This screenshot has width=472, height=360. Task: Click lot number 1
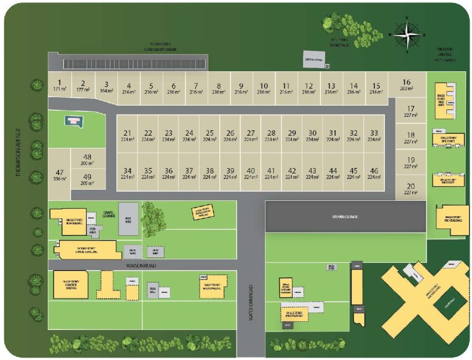click(60, 85)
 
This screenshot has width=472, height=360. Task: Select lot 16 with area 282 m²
click(406, 85)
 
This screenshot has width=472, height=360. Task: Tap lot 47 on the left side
click(59, 175)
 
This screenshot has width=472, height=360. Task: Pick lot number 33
click(374, 136)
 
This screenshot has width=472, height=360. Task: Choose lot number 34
click(127, 173)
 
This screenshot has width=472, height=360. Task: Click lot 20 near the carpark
click(411, 189)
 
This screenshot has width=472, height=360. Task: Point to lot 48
click(87, 160)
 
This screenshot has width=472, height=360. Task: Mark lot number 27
click(250, 136)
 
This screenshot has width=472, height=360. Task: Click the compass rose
click(406, 33)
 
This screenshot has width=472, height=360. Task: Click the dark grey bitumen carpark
click(344, 217)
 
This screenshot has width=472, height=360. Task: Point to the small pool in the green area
click(73, 120)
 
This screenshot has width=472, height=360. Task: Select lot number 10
click(263, 88)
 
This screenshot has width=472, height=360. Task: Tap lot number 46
click(374, 173)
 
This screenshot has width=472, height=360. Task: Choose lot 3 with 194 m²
click(106, 87)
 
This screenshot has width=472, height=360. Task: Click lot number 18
click(411, 138)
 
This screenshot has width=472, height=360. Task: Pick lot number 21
click(127, 136)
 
